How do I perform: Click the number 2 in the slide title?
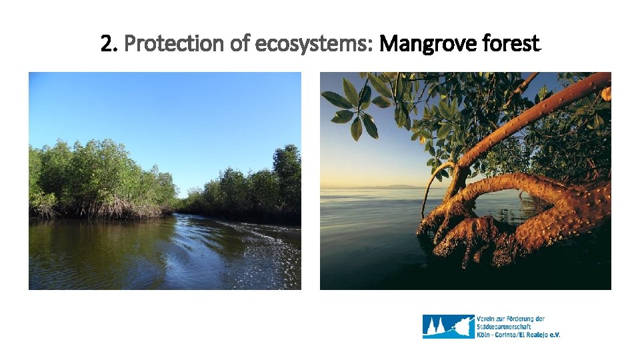pyautogui.click(x=107, y=45)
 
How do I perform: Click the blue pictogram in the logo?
pyautogui.click(x=447, y=327)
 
